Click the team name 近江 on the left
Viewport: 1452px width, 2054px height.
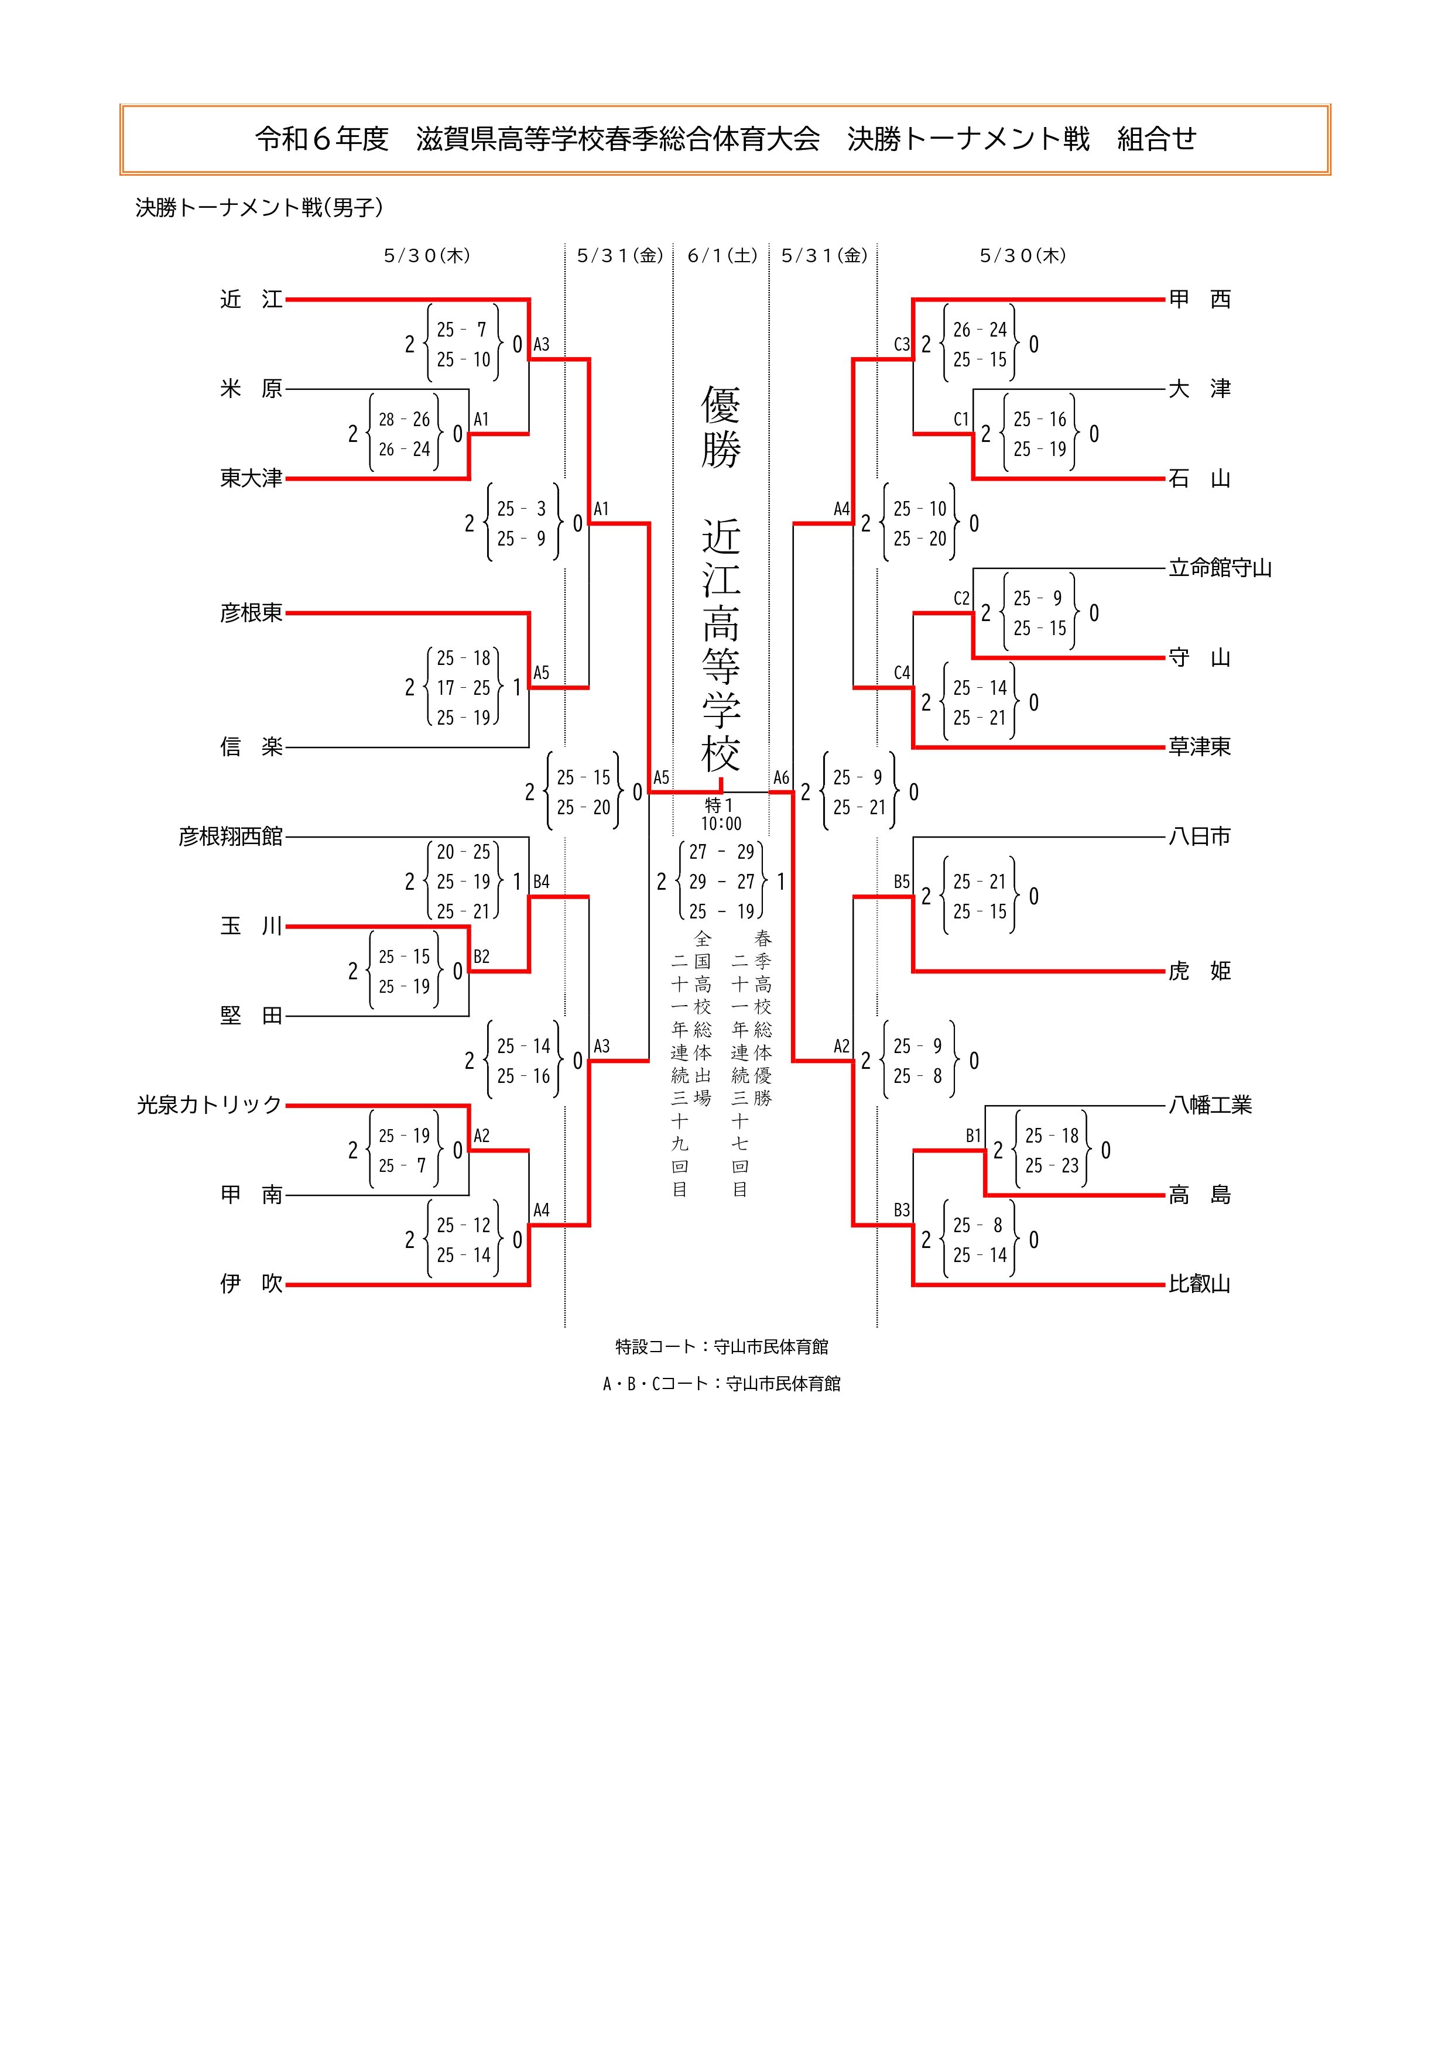(x=251, y=300)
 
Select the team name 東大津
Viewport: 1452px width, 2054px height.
(x=251, y=479)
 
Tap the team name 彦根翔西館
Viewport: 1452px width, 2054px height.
(x=231, y=836)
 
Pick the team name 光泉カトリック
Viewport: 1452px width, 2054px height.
(x=210, y=1106)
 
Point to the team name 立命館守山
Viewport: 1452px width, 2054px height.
(x=1220, y=568)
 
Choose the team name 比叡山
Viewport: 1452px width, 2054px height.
(x=1200, y=1285)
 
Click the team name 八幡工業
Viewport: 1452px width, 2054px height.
(x=1210, y=1106)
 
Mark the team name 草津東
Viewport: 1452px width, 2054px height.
(x=1200, y=747)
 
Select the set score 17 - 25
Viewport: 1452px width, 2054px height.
(x=464, y=688)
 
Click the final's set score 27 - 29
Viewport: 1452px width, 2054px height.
(x=721, y=852)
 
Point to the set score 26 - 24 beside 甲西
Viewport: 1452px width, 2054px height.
(x=980, y=330)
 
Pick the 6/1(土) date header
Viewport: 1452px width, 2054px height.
(x=722, y=256)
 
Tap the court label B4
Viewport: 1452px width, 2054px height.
(x=541, y=882)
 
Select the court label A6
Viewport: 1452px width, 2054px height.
(x=781, y=777)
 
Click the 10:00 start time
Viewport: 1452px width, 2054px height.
(x=721, y=824)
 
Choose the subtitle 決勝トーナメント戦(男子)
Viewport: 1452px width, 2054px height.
(x=259, y=208)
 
